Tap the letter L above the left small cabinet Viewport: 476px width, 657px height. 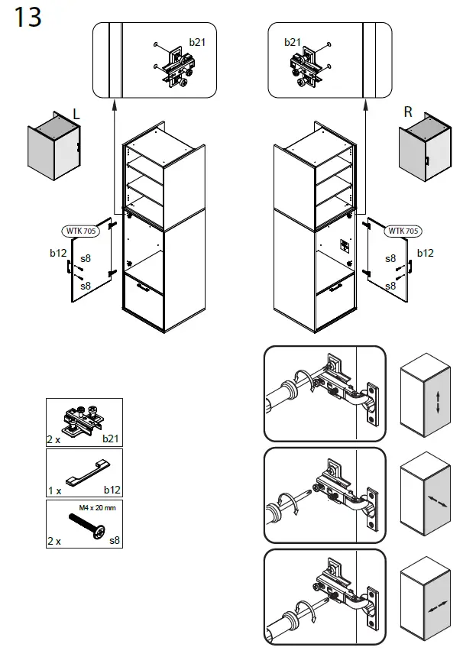(x=76, y=114)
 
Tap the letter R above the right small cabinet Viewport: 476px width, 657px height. (x=408, y=112)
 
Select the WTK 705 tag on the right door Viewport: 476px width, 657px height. (x=403, y=230)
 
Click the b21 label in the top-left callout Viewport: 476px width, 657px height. (x=197, y=42)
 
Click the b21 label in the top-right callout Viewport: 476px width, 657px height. (x=293, y=42)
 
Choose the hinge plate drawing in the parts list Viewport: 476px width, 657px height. (x=83, y=420)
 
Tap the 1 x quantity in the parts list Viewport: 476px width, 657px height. (x=54, y=490)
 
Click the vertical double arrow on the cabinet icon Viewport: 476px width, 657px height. (x=438, y=402)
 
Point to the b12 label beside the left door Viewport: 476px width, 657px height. (x=58, y=253)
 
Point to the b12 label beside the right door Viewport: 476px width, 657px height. (x=425, y=253)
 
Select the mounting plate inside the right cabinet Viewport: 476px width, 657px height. (x=343, y=246)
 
